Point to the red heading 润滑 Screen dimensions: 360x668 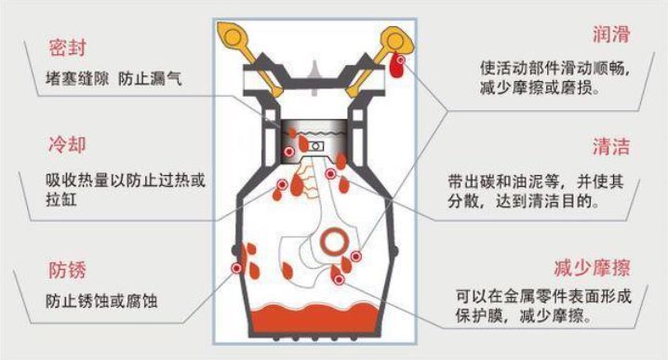[610, 35]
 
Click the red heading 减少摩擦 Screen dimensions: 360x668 [591, 269]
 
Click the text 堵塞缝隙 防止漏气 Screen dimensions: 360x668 [112, 78]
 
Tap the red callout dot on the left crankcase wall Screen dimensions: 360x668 [237, 268]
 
